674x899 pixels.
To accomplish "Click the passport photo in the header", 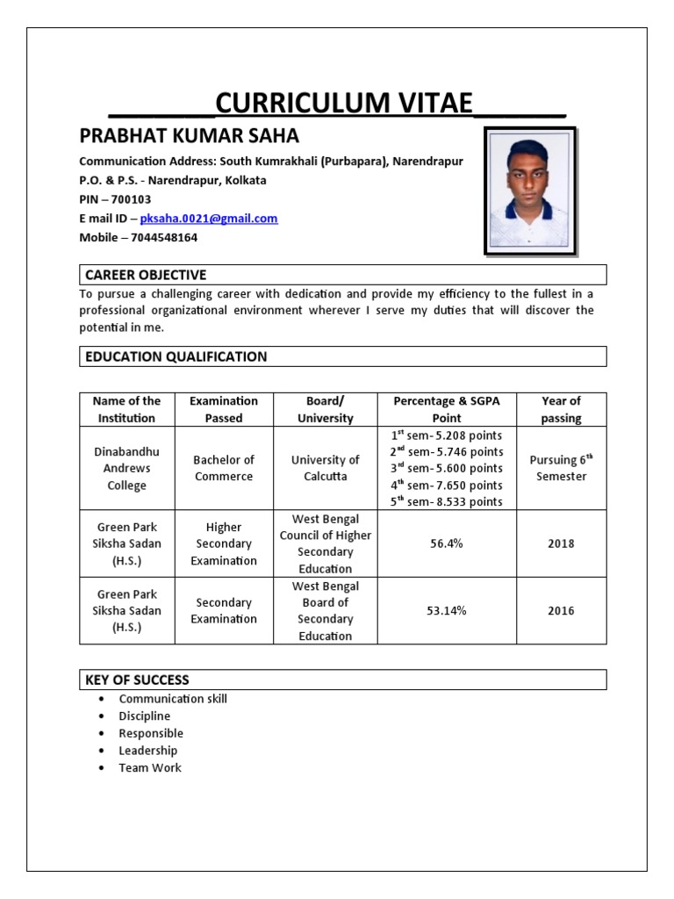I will point(530,191).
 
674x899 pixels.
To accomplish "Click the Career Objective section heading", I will point(145,275).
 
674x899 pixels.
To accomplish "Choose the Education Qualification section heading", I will point(176,356).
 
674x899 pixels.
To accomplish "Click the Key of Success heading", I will point(137,680).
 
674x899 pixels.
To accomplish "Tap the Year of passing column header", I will point(561,409).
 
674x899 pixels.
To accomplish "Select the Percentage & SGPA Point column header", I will point(446,409).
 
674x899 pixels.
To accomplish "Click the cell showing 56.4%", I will point(446,543).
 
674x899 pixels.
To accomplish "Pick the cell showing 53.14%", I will point(446,610).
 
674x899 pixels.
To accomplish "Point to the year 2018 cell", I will point(561,543).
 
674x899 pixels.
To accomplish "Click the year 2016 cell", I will point(561,610).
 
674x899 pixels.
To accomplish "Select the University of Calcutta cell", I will point(325,468).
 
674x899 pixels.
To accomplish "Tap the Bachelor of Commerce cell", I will point(224,468).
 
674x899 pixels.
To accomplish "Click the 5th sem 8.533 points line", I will point(447,501).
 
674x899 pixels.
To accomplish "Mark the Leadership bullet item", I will point(148,751).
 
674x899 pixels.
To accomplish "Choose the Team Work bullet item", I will point(150,767).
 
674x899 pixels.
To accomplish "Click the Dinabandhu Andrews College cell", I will point(127,468).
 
